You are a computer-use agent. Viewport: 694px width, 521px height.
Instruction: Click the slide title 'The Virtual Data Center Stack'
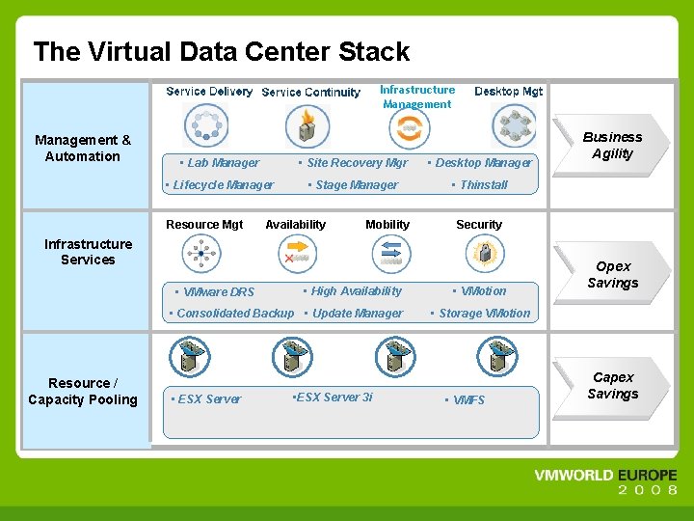click(x=221, y=52)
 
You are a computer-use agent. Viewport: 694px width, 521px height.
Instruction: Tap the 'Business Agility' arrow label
click(x=612, y=146)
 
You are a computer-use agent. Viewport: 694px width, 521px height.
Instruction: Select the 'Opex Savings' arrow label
click(x=613, y=275)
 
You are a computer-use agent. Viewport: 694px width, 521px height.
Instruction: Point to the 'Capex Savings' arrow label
click(x=613, y=386)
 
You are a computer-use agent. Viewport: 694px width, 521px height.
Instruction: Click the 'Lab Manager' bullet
click(x=222, y=163)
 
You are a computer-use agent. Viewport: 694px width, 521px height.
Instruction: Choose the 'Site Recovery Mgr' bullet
click(x=355, y=163)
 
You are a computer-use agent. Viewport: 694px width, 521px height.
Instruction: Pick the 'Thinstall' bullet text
click(x=482, y=185)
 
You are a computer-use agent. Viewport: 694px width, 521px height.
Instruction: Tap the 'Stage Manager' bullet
click(x=354, y=185)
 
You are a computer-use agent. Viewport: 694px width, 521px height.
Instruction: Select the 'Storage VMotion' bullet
click(x=482, y=314)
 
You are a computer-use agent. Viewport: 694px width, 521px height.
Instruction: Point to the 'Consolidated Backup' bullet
click(x=232, y=314)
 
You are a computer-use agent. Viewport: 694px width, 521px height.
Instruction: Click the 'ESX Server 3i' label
click(x=333, y=398)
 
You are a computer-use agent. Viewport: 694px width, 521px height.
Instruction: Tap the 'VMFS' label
click(x=467, y=400)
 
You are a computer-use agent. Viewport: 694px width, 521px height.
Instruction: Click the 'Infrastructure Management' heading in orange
click(x=416, y=97)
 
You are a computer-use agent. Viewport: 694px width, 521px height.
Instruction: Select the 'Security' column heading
click(x=479, y=225)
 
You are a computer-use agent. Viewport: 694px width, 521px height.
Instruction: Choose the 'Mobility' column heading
click(x=387, y=225)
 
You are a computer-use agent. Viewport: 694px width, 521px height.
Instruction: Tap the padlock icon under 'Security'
click(x=485, y=254)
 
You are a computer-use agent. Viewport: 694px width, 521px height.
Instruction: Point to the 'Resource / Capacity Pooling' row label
click(x=83, y=392)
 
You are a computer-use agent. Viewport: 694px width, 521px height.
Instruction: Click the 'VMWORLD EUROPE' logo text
click(x=605, y=476)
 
